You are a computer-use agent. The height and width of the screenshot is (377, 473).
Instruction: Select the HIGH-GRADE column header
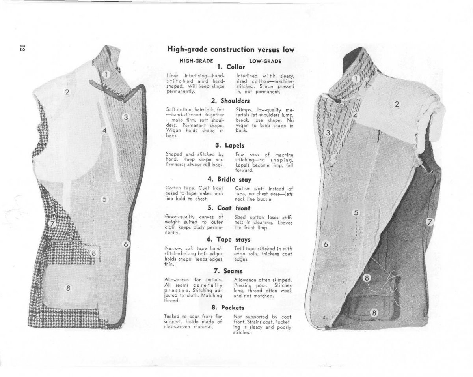(196, 61)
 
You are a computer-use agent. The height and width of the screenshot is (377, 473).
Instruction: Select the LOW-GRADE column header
(265, 61)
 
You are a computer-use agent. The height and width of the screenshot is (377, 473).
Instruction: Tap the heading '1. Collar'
(231, 67)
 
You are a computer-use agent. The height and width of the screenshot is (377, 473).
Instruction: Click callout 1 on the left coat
(106, 74)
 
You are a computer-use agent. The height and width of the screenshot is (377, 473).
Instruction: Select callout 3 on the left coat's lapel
(126, 117)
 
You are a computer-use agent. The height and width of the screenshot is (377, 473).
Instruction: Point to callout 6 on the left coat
(126, 244)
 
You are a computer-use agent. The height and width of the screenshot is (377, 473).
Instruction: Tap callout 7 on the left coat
(52, 224)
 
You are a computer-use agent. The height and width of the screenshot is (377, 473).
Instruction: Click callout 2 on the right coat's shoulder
(397, 105)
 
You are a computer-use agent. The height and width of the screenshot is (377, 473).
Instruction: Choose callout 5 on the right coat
(356, 213)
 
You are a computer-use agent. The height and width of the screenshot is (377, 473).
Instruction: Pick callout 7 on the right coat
(430, 222)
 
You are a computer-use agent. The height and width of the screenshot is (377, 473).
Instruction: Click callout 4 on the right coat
(355, 116)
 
